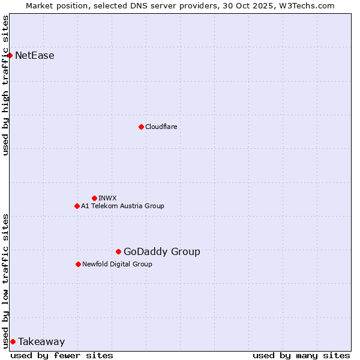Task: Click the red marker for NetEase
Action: (10, 56)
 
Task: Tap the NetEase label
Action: (35, 56)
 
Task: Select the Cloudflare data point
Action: (141, 127)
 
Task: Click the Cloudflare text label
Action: (161, 127)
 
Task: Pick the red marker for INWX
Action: (94, 198)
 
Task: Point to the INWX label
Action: (108, 198)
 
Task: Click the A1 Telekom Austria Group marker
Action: (77, 206)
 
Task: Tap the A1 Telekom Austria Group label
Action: (122, 206)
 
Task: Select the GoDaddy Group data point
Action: (118, 251)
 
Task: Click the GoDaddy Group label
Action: (162, 251)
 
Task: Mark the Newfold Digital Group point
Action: (78, 264)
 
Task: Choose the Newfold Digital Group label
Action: (117, 264)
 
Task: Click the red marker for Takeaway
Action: (13, 341)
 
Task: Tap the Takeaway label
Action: (41, 342)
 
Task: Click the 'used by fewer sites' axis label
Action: (62, 355)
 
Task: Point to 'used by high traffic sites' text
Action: (6, 85)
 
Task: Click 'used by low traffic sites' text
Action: (6, 280)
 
